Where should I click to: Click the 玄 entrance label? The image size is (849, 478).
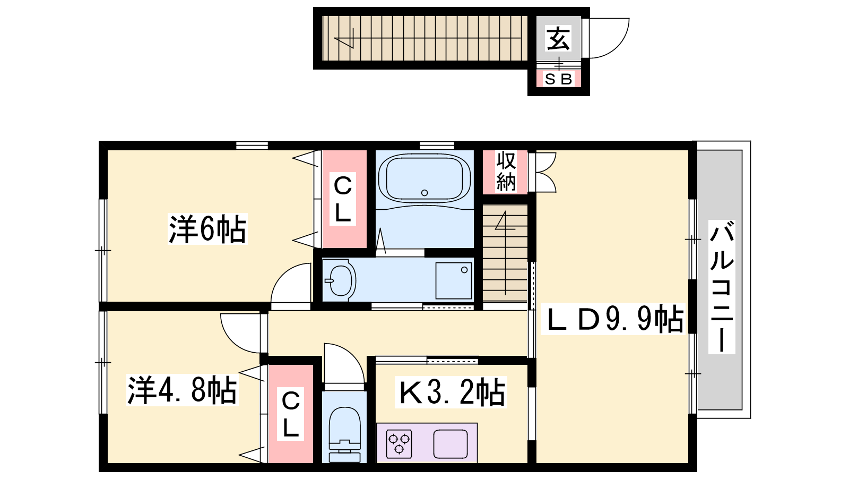click(558, 38)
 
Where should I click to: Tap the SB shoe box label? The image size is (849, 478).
click(558, 79)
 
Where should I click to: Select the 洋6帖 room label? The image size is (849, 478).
click(207, 229)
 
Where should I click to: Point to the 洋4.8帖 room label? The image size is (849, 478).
click(183, 390)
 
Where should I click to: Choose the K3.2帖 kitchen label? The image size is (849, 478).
click(451, 392)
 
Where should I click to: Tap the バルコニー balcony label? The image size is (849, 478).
click(722, 287)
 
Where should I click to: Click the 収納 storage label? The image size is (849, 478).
click(506, 171)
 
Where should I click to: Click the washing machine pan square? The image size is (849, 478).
click(454, 281)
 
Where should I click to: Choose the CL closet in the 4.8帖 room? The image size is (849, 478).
click(291, 414)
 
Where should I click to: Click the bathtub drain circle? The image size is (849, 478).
click(424, 193)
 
